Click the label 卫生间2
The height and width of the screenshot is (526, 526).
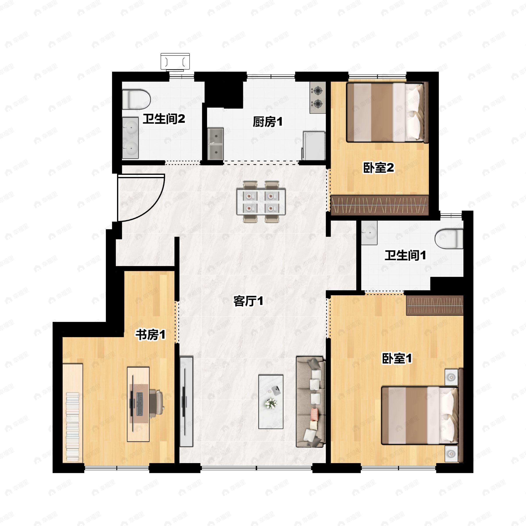coord(164,119)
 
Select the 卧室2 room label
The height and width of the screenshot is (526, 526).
coord(379,168)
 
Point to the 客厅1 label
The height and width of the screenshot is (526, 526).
coord(248,301)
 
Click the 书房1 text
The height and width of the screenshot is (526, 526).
coord(151,335)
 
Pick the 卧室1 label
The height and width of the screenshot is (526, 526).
coord(397,358)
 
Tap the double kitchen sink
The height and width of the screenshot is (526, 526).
coord(216,144)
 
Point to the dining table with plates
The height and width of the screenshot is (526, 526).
coord(261,202)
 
